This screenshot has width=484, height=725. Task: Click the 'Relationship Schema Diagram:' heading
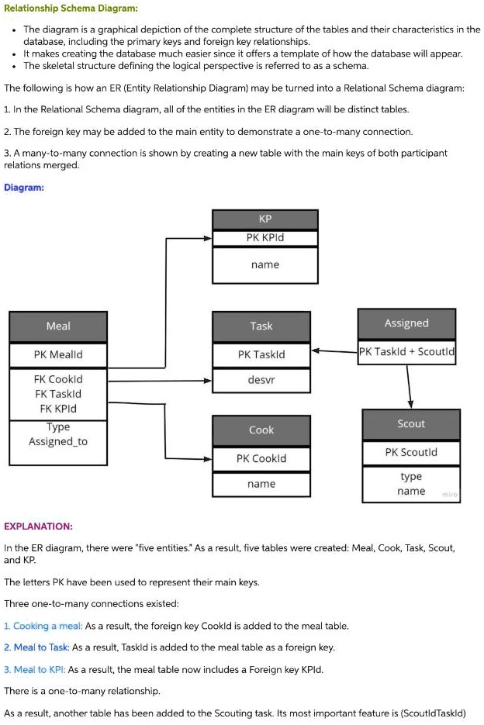coord(71,9)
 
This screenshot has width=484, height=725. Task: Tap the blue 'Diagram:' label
coord(24,187)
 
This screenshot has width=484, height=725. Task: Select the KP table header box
coord(264,219)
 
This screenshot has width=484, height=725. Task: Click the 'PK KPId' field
coord(264,238)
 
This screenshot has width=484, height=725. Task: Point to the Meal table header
coord(58,326)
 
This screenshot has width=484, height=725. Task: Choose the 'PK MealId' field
coord(58,355)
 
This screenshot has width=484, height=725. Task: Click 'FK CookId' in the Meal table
coord(58,379)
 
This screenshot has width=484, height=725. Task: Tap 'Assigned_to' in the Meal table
coord(58,441)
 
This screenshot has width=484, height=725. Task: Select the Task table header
coord(261,326)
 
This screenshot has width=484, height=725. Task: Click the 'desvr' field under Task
coord(261,380)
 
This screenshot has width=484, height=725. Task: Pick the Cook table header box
coord(261,430)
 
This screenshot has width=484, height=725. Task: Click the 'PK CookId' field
coord(261,458)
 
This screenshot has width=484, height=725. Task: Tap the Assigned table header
coord(406,323)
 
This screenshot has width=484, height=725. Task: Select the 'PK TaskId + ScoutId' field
coord(406,351)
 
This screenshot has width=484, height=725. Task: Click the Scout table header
coord(411,423)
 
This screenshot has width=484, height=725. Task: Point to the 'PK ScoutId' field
coord(411,452)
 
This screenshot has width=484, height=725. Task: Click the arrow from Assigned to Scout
coord(409,385)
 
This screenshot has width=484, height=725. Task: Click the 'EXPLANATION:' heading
coord(38,526)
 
